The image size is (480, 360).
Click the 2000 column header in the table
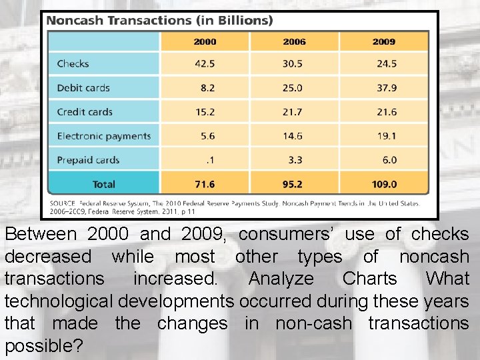[205, 41]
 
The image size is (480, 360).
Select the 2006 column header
[294, 41]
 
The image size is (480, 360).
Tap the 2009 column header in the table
[383, 41]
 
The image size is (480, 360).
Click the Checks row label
[73, 64]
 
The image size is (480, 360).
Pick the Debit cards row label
[83, 88]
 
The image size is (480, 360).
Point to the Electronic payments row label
[104, 136]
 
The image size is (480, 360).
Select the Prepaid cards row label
[88, 160]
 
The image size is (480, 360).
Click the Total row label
[103, 184]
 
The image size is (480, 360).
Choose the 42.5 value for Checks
[205, 64]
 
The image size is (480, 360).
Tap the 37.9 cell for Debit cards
[385, 88]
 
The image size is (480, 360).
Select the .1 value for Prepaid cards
[210, 160]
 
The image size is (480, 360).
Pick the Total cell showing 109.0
[383, 184]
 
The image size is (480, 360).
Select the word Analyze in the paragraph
[280, 279]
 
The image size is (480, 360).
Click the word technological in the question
[59, 301]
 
